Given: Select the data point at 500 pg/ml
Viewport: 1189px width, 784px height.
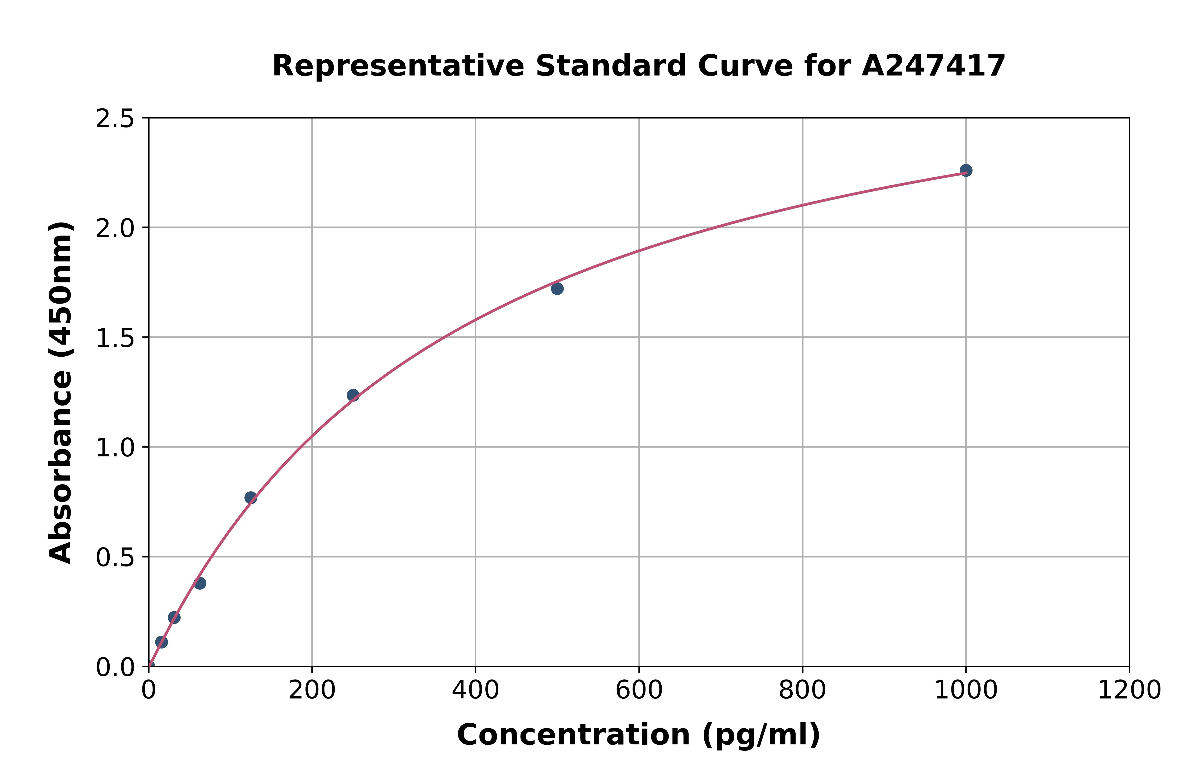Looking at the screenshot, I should click(x=557, y=289).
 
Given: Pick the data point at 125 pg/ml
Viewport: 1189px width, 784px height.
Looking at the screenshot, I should click(x=251, y=498).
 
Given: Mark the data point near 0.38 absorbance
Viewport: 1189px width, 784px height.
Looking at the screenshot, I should click(x=200, y=583).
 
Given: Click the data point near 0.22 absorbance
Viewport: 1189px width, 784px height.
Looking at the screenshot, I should click(x=174, y=617).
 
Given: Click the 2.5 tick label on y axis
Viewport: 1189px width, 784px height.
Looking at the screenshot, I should click(x=115, y=119).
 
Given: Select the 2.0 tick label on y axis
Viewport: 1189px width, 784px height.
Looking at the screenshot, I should click(x=115, y=229).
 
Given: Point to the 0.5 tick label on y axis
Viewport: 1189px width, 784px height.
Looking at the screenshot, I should click(x=115, y=558).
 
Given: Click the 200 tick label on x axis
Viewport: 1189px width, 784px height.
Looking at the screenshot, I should click(x=312, y=691).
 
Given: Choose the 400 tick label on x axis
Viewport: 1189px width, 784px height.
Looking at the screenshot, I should click(x=475, y=691).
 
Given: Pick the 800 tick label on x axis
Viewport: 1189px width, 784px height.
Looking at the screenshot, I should click(x=802, y=691).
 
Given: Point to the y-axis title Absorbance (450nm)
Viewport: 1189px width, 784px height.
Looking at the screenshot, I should click(x=61, y=393).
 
